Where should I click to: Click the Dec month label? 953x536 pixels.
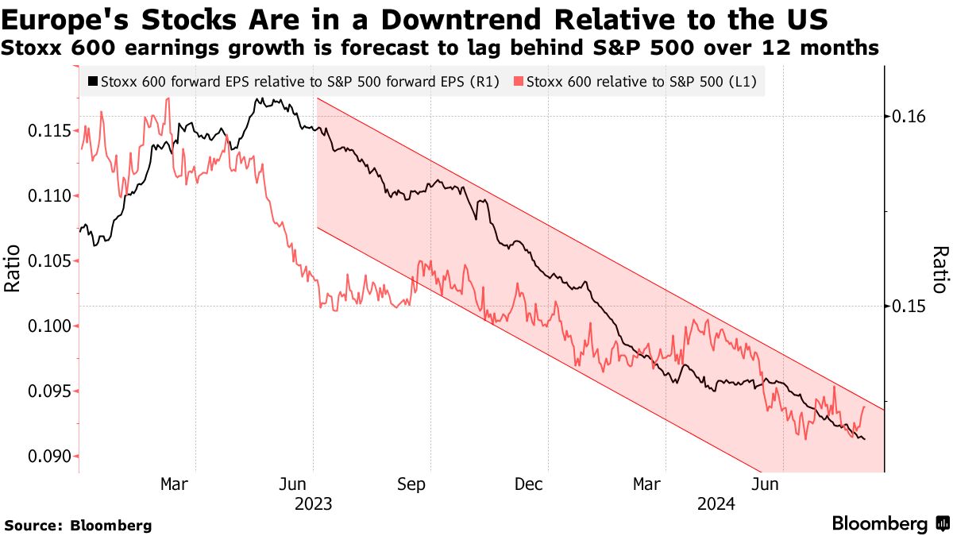(528, 484)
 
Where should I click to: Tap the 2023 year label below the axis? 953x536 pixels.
(313, 503)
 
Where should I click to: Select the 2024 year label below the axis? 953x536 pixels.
(716, 503)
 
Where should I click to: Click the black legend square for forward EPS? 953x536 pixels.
(94, 81)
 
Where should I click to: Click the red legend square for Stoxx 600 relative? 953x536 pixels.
(519, 81)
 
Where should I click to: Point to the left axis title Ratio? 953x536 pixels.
(13, 271)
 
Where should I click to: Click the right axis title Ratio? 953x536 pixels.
(939, 270)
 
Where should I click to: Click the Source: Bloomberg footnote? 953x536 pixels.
(78, 525)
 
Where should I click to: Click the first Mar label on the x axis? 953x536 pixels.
(174, 484)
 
